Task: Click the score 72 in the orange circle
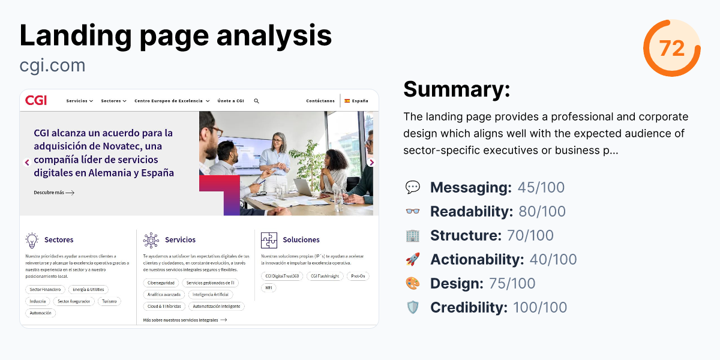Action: pyautogui.click(x=672, y=48)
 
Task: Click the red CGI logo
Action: pyautogui.click(x=36, y=101)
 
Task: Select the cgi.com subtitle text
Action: pyautogui.click(x=52, y=65)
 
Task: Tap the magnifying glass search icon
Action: pyautogui.click(x=257, y=101)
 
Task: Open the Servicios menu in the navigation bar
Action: pyautogui.click(x=79, y=101)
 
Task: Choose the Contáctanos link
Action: pyautogui.click(x=320, y=101)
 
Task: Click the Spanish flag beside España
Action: pyautogui.click(x=347, y=101)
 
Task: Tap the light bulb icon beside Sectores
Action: pyautogui.click(x=32, y=240)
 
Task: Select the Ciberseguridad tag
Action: pyautogui.click(x=160, y=283)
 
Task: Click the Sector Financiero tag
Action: pyautogui.click(x=45, y=289)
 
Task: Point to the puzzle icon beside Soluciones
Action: pyautogui.click(x=269, y=240)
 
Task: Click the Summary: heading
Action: pyautogui.click(x=457, y=89)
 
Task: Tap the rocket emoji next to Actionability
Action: pyautogui.click(x=413, y=259)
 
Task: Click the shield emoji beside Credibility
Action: pyautogui.click(x=413, y=307)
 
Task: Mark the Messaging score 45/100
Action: pyautogui.click(x=541, y=187)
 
